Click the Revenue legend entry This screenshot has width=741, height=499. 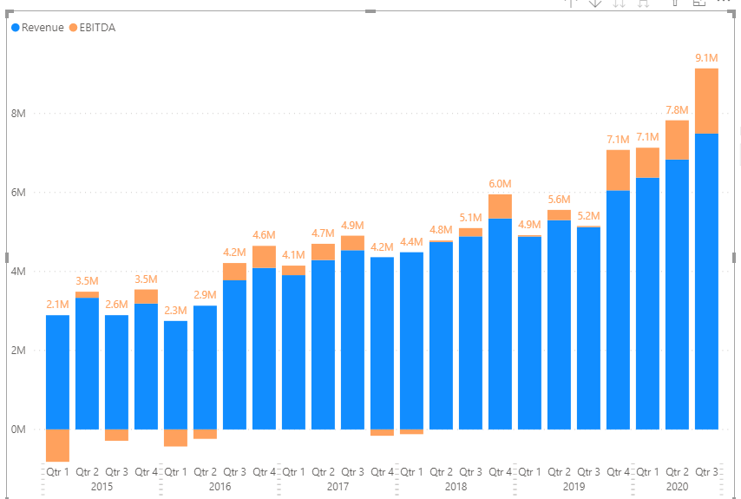pos(37,28)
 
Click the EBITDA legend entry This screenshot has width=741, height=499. pos(92,28)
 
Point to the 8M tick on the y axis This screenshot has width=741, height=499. pos(18,114)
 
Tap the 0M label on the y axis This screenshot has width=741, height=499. pos(18,430)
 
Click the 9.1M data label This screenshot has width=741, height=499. pos(706,58)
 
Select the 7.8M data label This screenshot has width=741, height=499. pos(677,110)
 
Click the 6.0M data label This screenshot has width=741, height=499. pos(500,184)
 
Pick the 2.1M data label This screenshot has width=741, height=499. pos(57,305)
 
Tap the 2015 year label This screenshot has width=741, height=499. pos(102,487)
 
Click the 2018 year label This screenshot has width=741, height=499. pos(456,487)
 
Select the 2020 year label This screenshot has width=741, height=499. pos(677,487)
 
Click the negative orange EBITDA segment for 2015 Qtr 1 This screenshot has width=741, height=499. pos(57,445)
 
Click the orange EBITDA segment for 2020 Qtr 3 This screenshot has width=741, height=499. pos(706,102)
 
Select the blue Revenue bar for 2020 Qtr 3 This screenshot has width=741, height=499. pos(706,282)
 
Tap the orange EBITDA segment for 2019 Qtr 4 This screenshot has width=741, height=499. pos(618,171)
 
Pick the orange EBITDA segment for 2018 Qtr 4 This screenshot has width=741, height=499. pos(500,207)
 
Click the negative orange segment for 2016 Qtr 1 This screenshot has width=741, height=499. pos(176,438)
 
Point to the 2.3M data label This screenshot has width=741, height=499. pos(176,311)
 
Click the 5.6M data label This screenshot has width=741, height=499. pos(559,200)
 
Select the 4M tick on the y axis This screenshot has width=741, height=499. pos(18,272)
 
